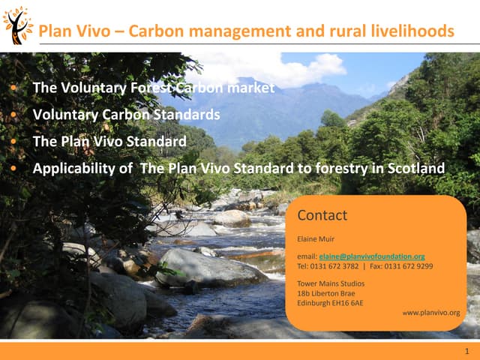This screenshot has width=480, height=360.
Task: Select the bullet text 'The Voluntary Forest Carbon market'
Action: tap(154, 88)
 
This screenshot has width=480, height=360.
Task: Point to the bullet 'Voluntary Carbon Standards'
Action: tap(126, 115)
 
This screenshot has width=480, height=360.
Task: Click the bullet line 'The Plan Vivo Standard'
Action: tap(109, 141)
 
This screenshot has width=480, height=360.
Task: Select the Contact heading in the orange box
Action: tap(322, 216)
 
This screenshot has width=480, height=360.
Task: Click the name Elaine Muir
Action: tap(316, 239)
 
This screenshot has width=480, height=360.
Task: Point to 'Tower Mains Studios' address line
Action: tap(331, 283)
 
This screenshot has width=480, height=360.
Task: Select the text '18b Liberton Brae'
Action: tap(326, 293)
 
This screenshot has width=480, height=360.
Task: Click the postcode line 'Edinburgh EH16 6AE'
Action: tap(330, 303)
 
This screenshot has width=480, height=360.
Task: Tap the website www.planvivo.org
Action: tap(431, 312)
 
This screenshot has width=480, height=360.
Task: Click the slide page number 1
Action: tap(466, 351)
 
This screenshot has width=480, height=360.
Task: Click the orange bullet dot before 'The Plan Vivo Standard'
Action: tap(14, 142)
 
